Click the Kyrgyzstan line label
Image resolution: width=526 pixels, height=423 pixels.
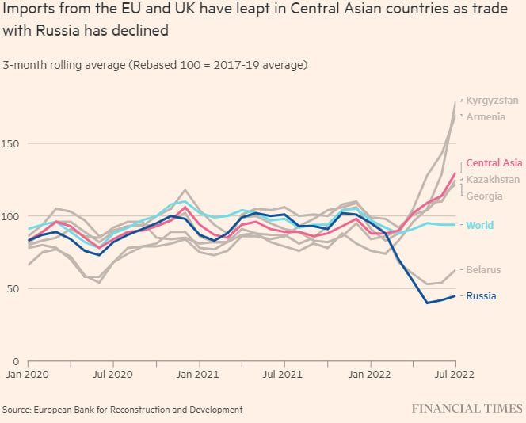point(492,101)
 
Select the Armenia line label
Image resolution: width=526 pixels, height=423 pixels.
point(486,116)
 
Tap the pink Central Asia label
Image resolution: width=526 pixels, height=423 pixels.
point(494,162)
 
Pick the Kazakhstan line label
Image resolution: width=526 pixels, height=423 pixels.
point(493,180)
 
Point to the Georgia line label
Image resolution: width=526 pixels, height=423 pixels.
point(483,196)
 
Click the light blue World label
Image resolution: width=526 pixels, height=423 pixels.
point(479,226)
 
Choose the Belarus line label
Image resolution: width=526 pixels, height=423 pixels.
point(483,270)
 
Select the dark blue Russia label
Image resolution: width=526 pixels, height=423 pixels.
point(482,296)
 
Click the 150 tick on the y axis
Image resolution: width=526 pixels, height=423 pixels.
point(11,144)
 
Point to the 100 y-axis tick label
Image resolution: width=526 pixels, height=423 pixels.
point(11,216)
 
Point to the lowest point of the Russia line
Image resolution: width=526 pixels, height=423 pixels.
point(427,303)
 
